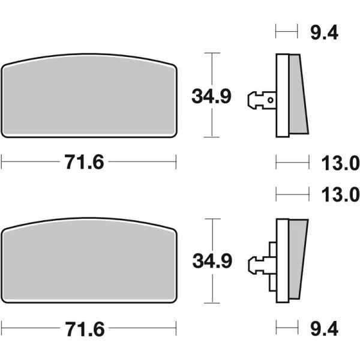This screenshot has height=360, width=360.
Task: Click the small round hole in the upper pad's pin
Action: [x=271, y=100]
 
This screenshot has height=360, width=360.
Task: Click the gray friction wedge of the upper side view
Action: [x=298, y=96]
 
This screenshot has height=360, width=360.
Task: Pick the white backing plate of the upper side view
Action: [x=282, y=96]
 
